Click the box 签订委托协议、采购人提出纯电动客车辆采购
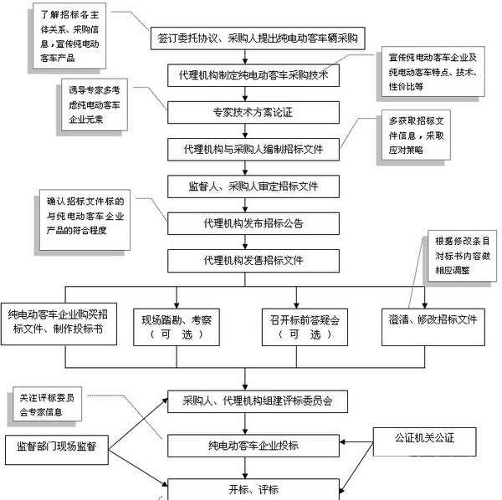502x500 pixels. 257,38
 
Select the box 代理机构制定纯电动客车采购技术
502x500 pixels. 252,75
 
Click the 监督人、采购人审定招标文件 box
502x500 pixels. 252,185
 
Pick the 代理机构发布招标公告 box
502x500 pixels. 252,223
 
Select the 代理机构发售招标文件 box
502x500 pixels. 252,260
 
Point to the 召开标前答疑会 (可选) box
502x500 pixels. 300,326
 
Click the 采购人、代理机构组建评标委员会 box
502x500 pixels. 258,401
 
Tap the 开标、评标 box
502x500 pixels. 258,488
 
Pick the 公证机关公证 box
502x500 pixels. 425,437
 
